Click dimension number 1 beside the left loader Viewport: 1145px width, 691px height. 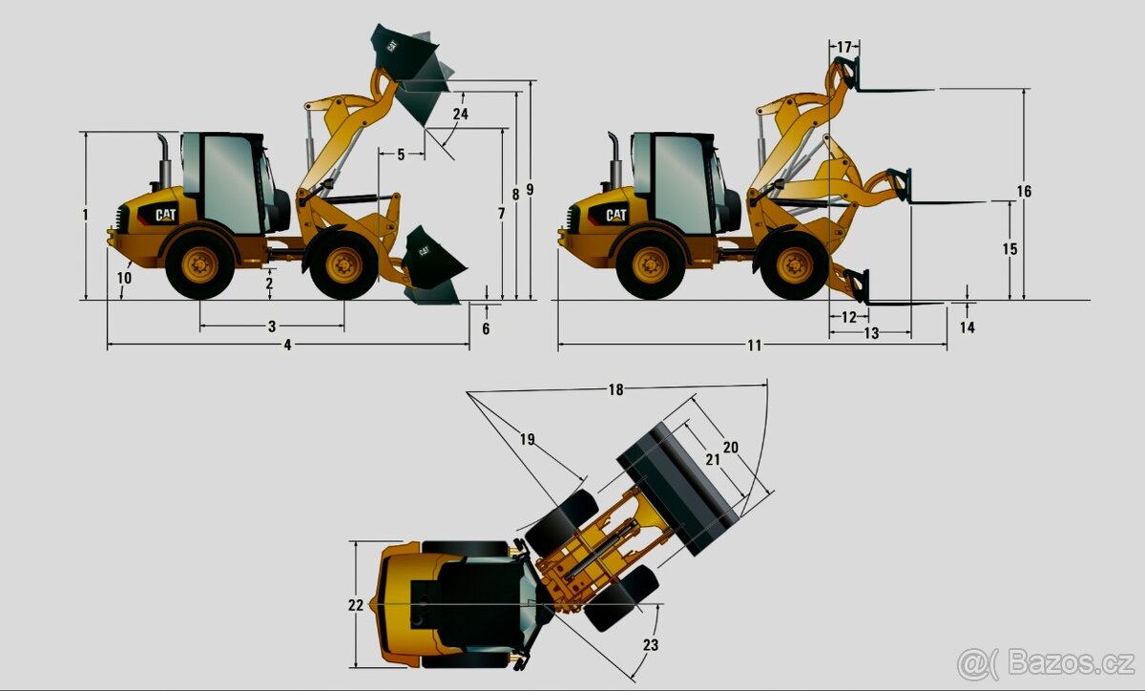coord(85,215)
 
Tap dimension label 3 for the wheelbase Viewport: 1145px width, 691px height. coord(272,326)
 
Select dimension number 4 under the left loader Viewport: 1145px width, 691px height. coord(287,345)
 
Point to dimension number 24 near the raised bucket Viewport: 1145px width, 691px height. coord(461,114)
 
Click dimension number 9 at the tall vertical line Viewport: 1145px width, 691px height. coord(530,189)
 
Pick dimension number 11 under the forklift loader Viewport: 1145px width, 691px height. coord(755,345)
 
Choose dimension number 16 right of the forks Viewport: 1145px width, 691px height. coord(1024,192)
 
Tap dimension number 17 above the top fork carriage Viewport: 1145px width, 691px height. coord(844,47)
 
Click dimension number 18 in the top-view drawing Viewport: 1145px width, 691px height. coord(615,389)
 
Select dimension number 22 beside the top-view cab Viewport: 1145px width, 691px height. coord(356,604)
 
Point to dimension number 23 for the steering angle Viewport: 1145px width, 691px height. coord(651,645)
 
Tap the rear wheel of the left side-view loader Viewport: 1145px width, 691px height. coord(199,264)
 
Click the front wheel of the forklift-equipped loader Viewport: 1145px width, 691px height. coord(794,265)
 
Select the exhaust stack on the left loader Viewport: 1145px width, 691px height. coord(163,159)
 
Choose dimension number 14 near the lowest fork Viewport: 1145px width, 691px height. coord(968,327)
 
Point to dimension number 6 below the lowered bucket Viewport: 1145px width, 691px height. coord(486,328)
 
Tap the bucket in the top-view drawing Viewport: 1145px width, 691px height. coord(678,488)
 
